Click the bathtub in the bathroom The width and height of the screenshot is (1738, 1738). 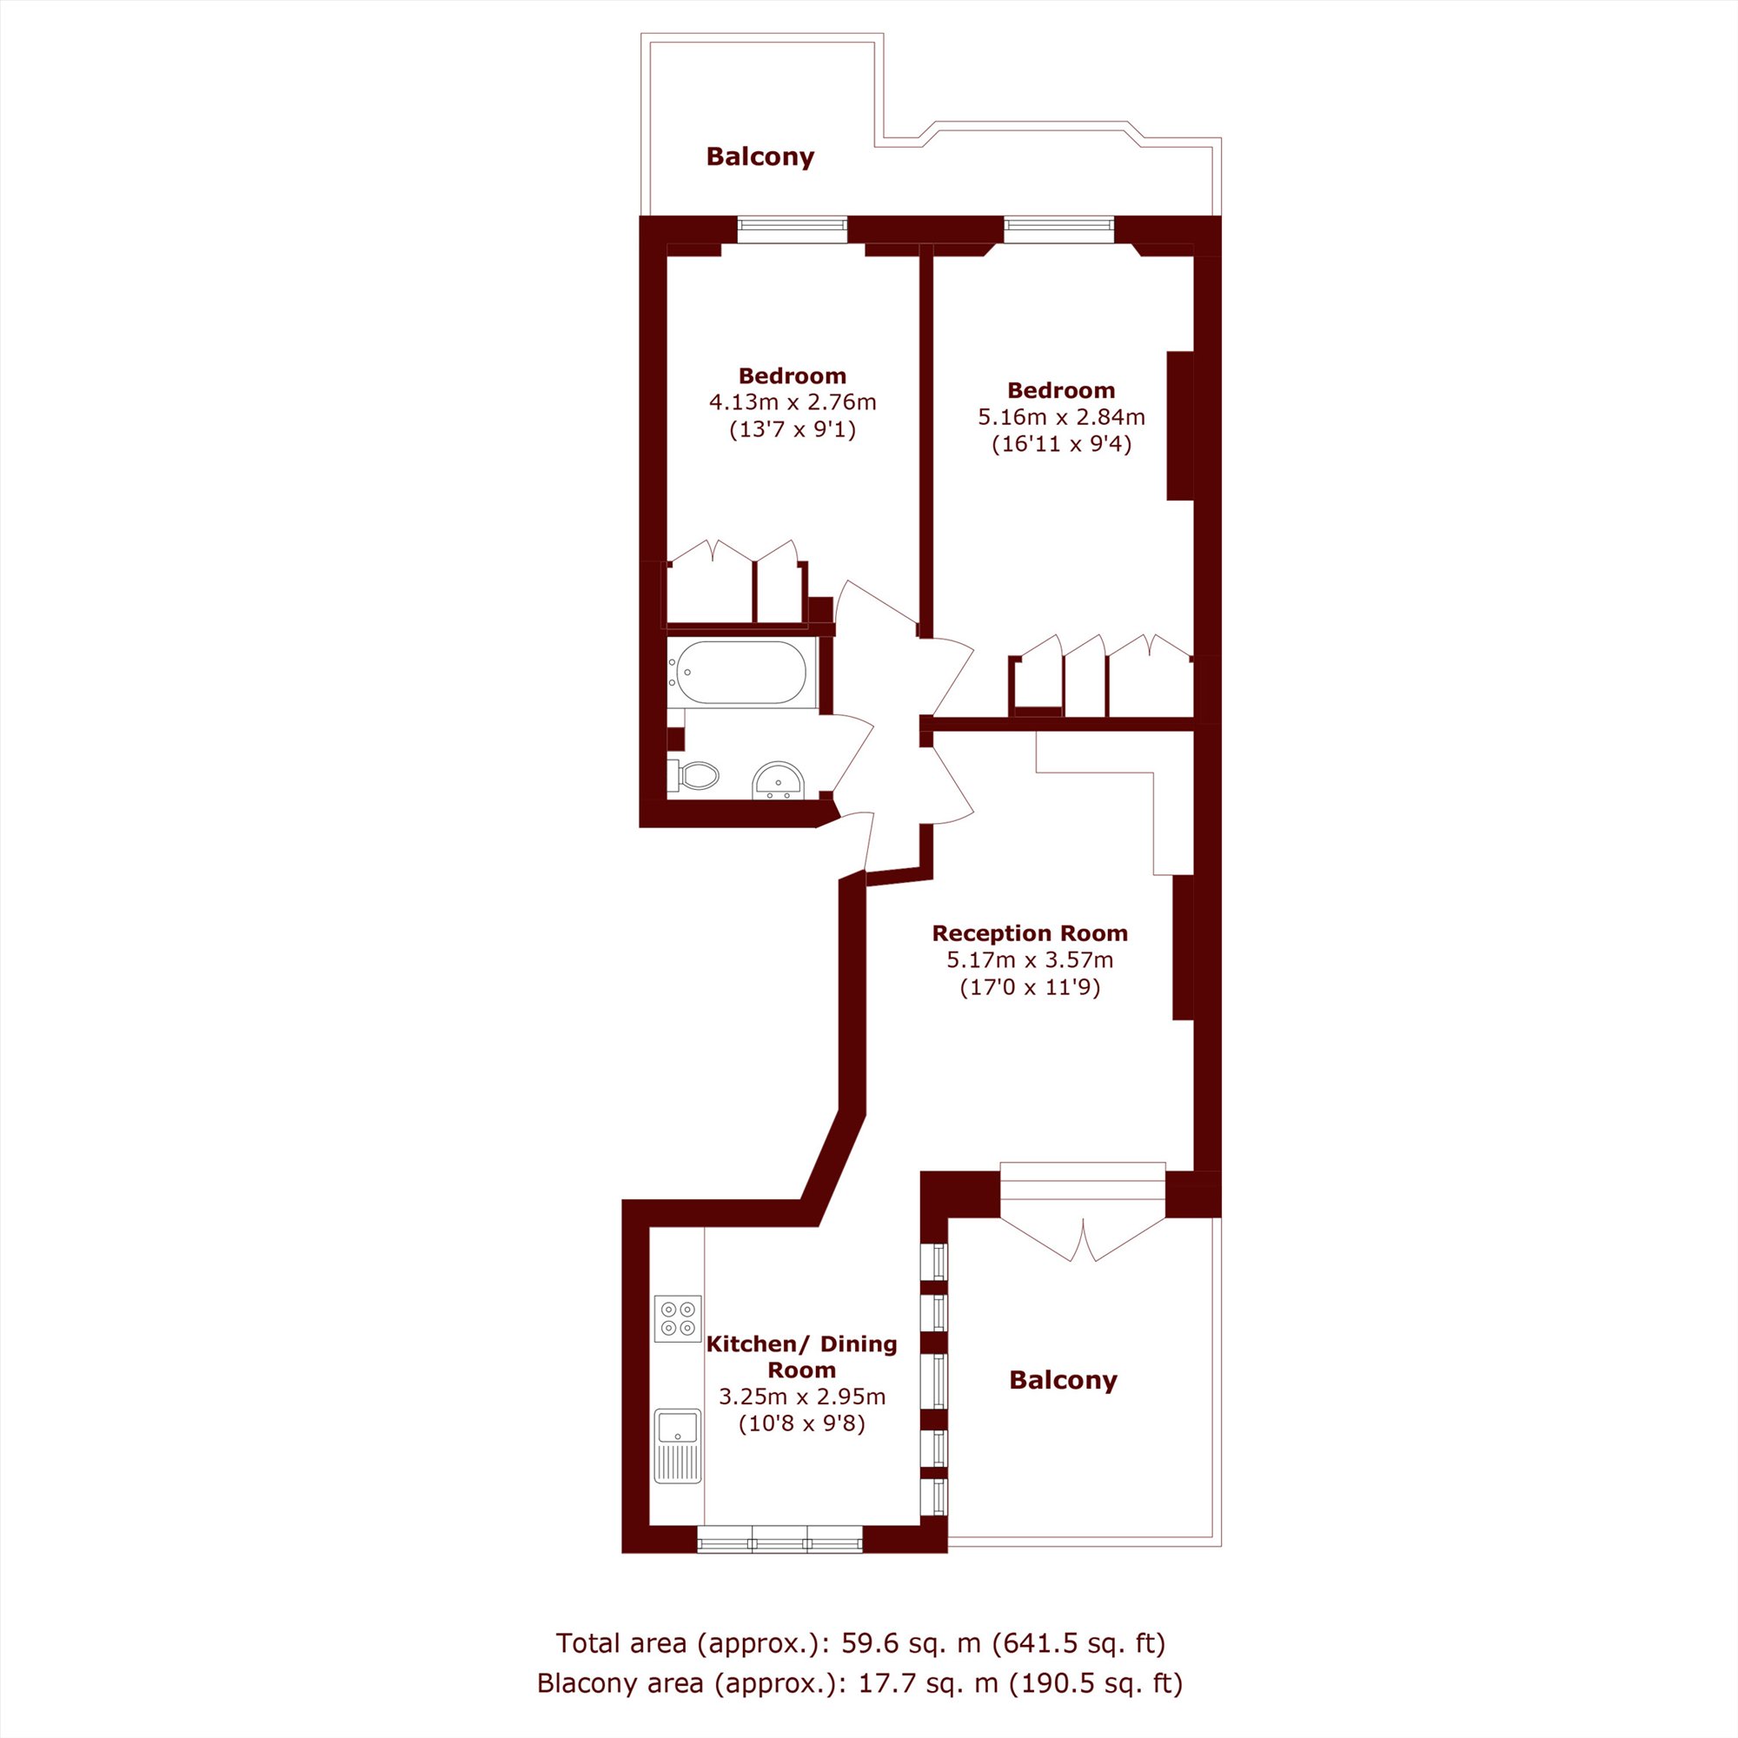pos(741,672)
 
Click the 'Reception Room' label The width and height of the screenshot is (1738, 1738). pos(1030,932)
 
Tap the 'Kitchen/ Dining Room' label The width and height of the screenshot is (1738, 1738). pos(801,1357)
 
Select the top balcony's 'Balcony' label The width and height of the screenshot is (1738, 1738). pos(760,156)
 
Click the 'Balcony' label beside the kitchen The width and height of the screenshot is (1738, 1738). pos(1064,1380)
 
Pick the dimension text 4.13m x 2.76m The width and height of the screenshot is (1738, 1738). pos(793,402)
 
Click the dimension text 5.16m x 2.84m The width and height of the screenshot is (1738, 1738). pos(1062,417)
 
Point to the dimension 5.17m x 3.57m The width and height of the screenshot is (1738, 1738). pos(1030,960)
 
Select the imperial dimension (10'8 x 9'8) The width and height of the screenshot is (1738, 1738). pos(801,1424)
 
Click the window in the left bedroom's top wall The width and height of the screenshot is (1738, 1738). pos(793,229)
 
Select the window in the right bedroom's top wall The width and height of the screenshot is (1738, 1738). pos(1059,229)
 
